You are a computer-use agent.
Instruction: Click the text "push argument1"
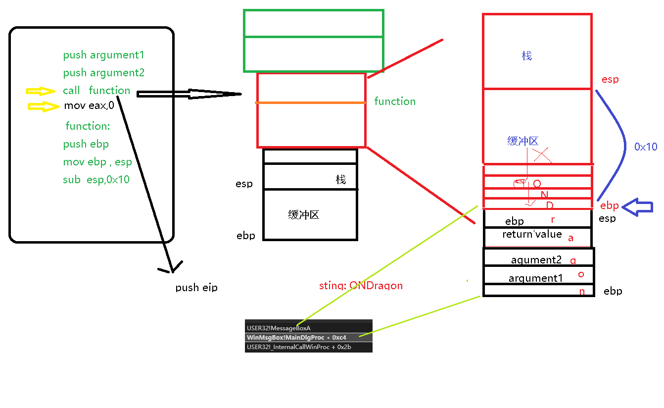[103, 55]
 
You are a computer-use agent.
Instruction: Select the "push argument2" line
[103, 73]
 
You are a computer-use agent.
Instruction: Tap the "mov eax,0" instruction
[89, 105]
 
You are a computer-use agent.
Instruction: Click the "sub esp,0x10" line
[96, 180]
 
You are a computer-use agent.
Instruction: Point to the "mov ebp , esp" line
[97, 162]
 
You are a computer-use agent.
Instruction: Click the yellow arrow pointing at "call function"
[41, 91]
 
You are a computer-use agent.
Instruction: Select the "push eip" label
[196, 288]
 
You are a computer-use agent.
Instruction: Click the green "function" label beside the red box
[395, 102]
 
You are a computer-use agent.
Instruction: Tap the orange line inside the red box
[311, 102]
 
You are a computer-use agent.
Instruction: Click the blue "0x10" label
[646, 147]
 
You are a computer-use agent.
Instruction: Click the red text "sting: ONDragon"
[361, 286]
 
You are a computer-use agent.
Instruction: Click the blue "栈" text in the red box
[527, 56]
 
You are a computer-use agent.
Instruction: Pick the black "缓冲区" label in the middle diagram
[303, 215]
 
